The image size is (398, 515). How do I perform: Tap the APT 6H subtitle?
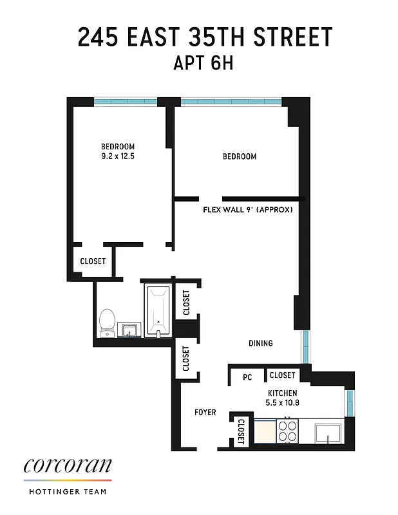click(198, 64)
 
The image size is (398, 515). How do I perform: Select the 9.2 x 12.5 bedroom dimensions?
click(117, 156)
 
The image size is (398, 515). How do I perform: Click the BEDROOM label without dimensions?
click(240, 156)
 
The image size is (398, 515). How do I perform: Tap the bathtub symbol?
click(157, 310)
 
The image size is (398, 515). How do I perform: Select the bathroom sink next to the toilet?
click(131, 330)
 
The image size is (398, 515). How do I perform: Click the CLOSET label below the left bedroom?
click(93, 261)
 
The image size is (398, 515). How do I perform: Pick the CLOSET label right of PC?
click(282, 375)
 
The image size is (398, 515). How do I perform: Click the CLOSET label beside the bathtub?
click(186, 302)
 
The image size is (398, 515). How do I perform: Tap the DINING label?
click(261, 343)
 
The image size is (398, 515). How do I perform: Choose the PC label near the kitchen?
click(247, 378)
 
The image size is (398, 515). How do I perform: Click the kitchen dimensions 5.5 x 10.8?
click(283, 403)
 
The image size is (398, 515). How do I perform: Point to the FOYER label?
click(205, 412)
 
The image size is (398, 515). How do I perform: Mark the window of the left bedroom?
click(126, 101)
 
